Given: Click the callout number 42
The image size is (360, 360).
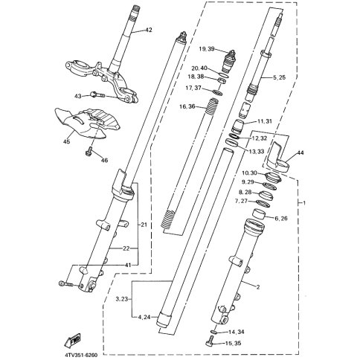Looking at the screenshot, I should click(147, 30).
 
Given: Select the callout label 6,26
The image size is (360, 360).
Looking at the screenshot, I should click(281, 219).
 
